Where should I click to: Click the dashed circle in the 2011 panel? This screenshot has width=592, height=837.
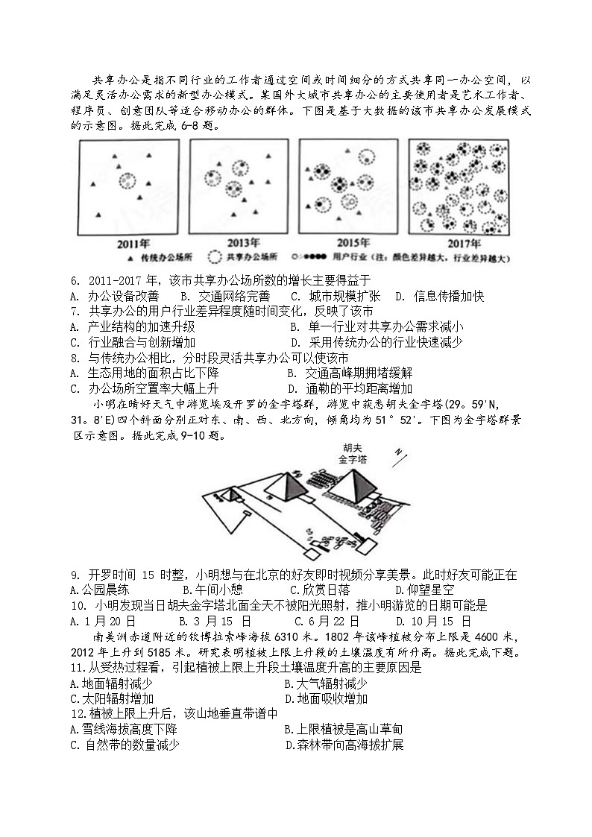pyautogui.click(x=128, y=181)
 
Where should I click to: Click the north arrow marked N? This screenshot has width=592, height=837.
pyautogui.click(x=400, y=454)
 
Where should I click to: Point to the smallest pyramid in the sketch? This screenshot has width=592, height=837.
pyautogui.click(x=233, y=493)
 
